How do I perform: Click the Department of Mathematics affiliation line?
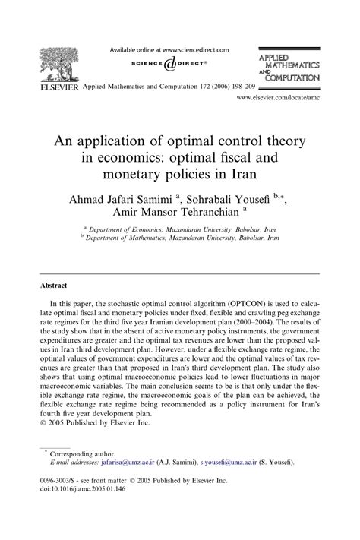pyautogui.click(x=179, y=237)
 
